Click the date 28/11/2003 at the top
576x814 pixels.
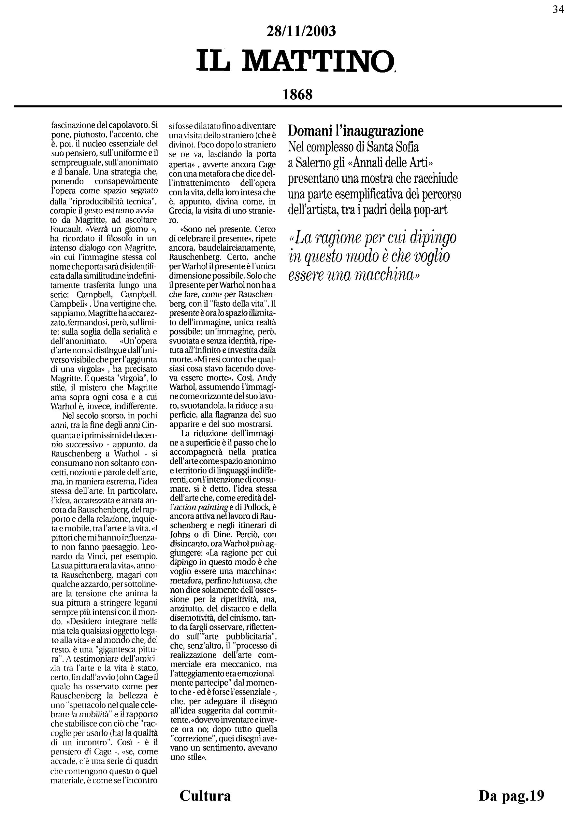coord(301,32)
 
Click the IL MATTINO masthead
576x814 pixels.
coord(295,60)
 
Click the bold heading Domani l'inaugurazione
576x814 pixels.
coord(355,131)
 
